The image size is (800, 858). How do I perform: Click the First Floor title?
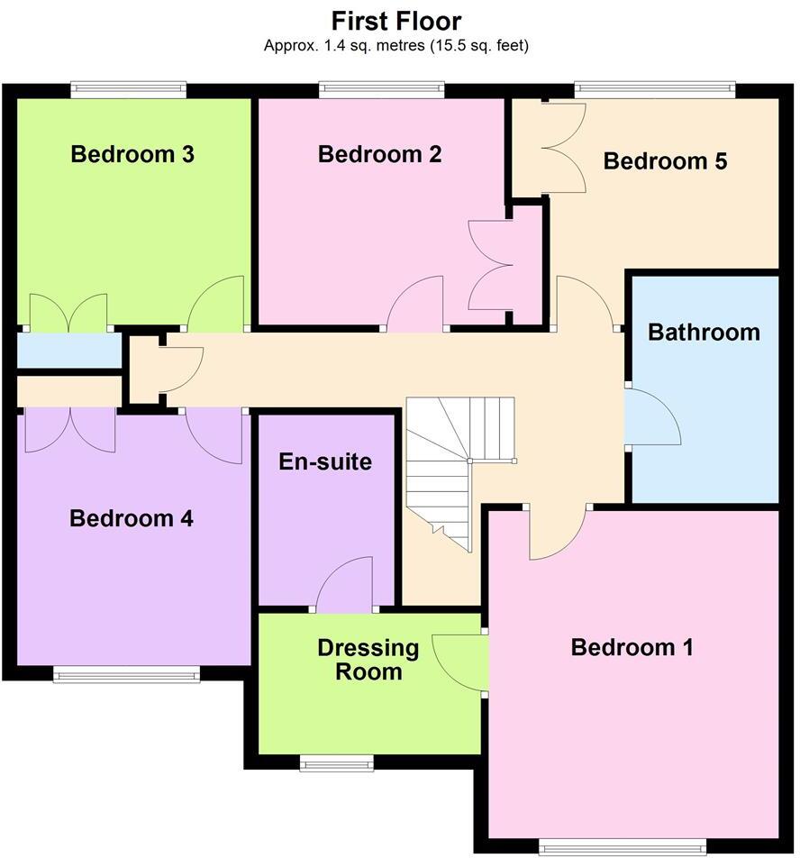pyautogui.click(x=396, y=21)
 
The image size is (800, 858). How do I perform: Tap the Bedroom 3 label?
pyautogui.click(x=132, y=154)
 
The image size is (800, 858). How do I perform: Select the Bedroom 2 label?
pyautogui.click(x=379, y=154)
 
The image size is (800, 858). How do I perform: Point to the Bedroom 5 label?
pyautogui.click(x=665, y=161)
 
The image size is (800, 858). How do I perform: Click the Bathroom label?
pyautogui.click(x=704, y=332)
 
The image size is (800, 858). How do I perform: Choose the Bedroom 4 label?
pyautogui.click(x=132, y=518)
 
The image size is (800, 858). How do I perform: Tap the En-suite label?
pyautogui.click(x=325, y=462)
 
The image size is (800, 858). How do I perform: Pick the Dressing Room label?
pyautogui.click(x=368, y=659)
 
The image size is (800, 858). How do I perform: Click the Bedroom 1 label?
pyautogui.click(x=632, y=647)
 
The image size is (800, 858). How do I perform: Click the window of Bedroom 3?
pyautogui.click(x=129, y=88)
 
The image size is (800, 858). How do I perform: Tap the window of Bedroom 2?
pyautogui.click(x=381, y=88)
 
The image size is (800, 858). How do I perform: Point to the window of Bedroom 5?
pyautogui.click(x=655, y=88)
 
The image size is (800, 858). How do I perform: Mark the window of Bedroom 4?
pyautogui.click(x=126, y=673)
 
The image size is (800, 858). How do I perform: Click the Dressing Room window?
pyautogui.click(x=336, y=762)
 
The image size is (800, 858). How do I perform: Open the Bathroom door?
pyautogui.click(x=650, y=416)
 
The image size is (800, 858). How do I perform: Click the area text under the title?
pyautogui.click(x=396, y=45)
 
